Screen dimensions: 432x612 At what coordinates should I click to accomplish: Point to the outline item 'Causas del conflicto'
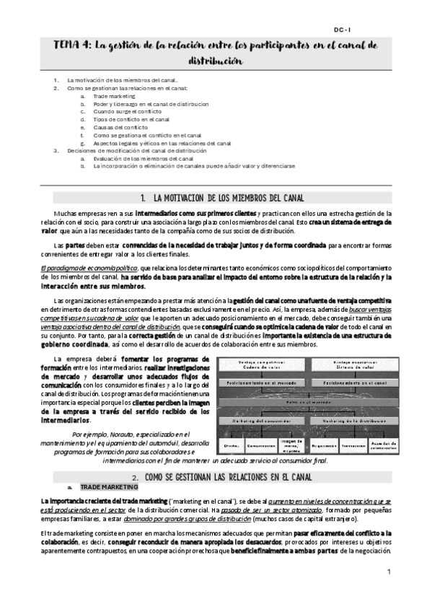pyautogui.click(x=120, y=127)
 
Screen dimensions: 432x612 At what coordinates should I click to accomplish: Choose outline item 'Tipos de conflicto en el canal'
pyautogui.click(x=131, y=119)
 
